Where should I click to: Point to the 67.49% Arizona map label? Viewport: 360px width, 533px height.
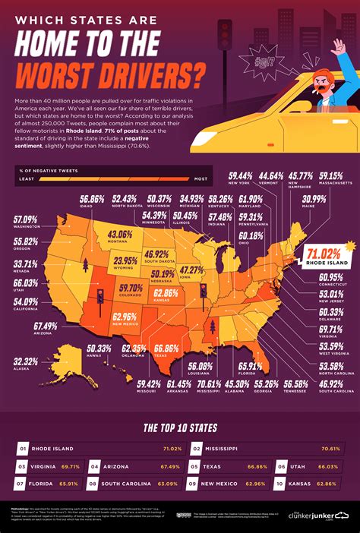point(46,326)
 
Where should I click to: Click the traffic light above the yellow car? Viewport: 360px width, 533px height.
point(226,34)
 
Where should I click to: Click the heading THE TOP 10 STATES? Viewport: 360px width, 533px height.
point(180,427)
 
